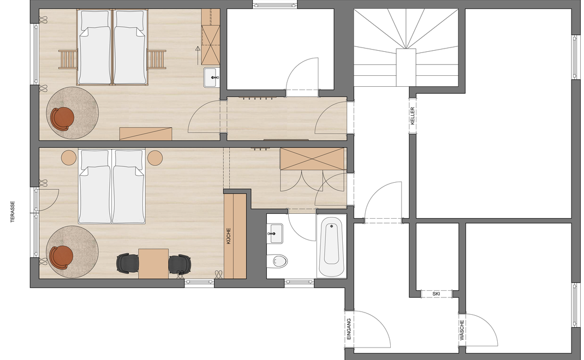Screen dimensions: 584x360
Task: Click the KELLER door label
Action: click(x=412, y=116)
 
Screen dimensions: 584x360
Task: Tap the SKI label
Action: click(x=436, y=294)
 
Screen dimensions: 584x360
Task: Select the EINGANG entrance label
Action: click(x=349, y=329)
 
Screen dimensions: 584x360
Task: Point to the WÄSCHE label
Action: click(x=462, y=330)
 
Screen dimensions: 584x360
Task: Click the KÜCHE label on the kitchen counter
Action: click(x=229, y=236)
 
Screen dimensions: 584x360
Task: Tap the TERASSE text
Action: click(x=13, y=212)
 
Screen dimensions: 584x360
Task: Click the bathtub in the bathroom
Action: click(x=331, y=246)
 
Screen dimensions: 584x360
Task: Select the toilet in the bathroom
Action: click(x=278, y=260)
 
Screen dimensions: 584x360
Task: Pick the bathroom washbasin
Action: click(x=276, y=233)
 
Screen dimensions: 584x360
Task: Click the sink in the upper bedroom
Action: click(x=212, y=77)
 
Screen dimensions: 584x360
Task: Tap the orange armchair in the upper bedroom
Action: click(x=62, y=118)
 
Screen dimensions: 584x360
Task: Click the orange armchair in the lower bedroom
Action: click(x=62, y=257)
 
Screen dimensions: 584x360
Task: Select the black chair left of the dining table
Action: click(x=128, y=263)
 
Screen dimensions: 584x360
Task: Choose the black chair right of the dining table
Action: click(x=180, y=265)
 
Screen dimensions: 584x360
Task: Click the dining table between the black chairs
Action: click(x=153, y=263)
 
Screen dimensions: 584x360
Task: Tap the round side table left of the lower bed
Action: click(x=69, y=158)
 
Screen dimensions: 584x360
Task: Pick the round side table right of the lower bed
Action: click(x=155, y=158)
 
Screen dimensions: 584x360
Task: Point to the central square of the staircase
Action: click(x=406, y=67)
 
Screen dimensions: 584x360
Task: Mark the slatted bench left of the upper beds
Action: click(x=68, y=59)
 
